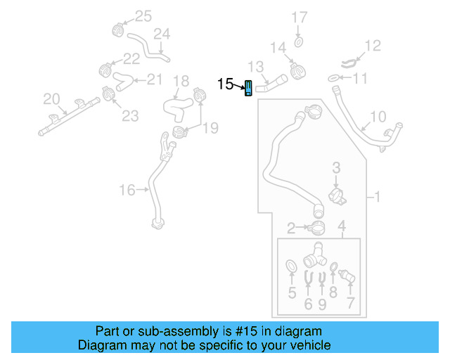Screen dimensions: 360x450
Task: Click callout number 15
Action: click(x=225, y=84)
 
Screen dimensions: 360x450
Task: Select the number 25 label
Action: click(x=143, y=15)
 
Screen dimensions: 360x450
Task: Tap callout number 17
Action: click(x=300, y=17)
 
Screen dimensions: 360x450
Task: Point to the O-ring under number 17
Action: click(x=299, y=42)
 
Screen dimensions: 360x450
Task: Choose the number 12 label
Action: click(x=372, y=46)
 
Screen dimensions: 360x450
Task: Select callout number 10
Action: click(x=378, y=116)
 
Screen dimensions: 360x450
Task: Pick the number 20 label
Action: click(x=51, y=98)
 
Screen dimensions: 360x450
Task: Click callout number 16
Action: click(x=127, y=189)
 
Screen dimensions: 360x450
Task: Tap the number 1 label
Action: click(x=377, y=198)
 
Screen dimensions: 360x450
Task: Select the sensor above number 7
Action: click(x=347, y=274)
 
